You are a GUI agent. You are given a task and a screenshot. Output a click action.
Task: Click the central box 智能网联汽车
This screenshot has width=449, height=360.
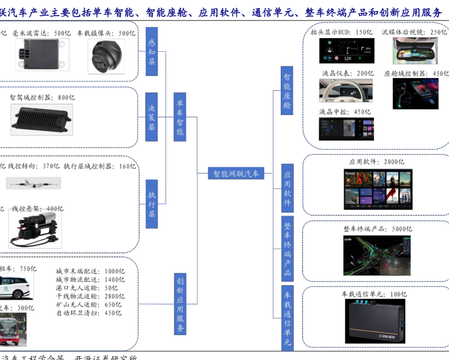click(236, 173)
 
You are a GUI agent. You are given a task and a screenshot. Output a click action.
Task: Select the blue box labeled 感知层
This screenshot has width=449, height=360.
click(152, 52)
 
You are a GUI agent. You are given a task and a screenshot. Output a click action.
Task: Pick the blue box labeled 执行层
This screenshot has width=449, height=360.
click(152, 204)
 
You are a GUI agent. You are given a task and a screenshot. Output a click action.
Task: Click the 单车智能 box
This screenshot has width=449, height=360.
click(179, 118)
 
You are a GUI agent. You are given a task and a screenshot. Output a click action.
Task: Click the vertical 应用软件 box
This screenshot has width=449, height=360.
click(286, 185)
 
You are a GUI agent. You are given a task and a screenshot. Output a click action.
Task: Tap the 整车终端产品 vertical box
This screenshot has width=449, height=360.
click(286, 249)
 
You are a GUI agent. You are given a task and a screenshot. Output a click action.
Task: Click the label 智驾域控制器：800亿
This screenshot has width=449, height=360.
click(41, 97)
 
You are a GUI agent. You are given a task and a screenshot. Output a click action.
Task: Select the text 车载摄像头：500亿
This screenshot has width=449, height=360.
click(106, 33)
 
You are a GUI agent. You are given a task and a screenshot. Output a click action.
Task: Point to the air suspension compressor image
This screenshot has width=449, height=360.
click(36, 229)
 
